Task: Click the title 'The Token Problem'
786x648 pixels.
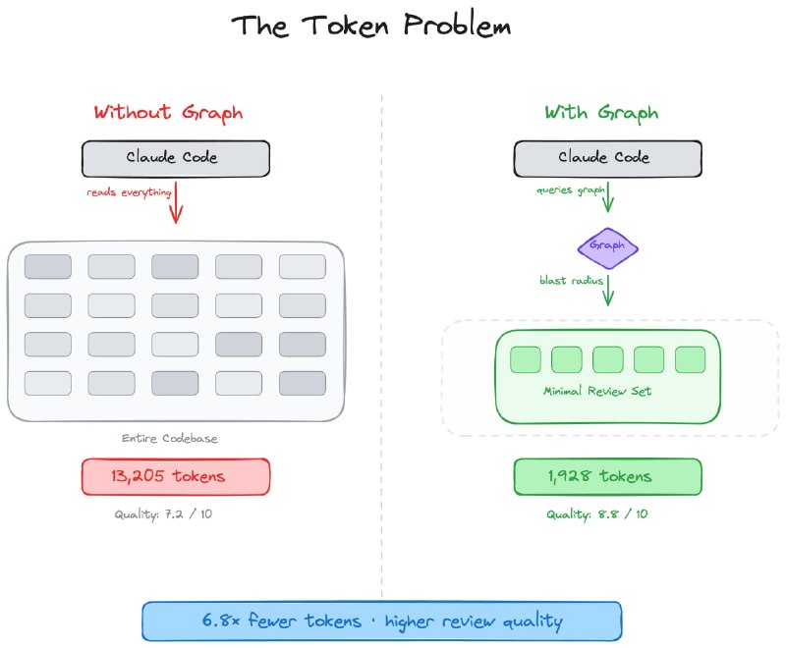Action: (x=371, y=27)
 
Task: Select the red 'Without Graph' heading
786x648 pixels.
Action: (x=167, y=112)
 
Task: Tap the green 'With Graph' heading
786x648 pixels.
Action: (x=600, y=112)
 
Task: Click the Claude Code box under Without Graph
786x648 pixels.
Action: (x=175, y=158)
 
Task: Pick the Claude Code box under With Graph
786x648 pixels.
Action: (x=607, y=158)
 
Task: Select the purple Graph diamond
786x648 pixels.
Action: (x=607, y=245)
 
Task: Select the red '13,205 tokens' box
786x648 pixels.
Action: (x=175, y=476)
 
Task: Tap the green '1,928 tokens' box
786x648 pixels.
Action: (x=607, y=476)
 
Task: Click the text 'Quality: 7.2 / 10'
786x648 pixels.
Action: (x=162, y=513)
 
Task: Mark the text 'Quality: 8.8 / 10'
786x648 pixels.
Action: (x=597, y=513)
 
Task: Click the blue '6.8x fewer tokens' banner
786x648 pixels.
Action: (x=381, y=621)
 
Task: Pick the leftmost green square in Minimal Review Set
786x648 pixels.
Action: (x=526, y=359)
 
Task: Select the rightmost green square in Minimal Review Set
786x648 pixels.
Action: (x=690, y=359)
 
